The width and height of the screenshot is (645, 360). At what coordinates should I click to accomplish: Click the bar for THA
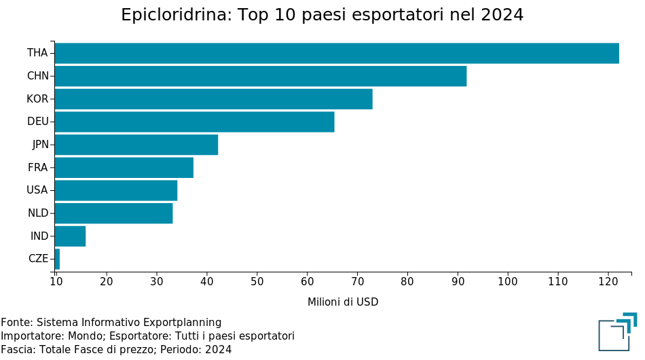click(x=337, y=53)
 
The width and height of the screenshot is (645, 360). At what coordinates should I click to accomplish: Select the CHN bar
click(x=261, y=76)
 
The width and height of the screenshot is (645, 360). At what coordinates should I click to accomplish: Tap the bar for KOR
click(x=213, y=99)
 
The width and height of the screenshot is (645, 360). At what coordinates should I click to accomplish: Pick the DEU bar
click(x=194, y=122)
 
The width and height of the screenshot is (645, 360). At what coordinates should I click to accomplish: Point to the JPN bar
click(x=136, y=145)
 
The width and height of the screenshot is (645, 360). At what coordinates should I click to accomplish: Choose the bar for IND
click(x=70, y=236)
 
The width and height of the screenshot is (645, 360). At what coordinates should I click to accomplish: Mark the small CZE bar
click(x=57, y=259)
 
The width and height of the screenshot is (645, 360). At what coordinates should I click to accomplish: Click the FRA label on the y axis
click(x=37, y=168)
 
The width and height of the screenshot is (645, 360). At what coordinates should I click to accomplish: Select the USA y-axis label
click(x=37, y=190)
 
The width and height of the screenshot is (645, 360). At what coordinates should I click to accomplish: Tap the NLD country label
click(x=38, y=213)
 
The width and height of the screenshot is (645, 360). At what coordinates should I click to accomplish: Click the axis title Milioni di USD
click(x=343, y=302)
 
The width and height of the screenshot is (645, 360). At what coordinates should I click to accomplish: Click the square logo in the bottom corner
click(x=617, y=333)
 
